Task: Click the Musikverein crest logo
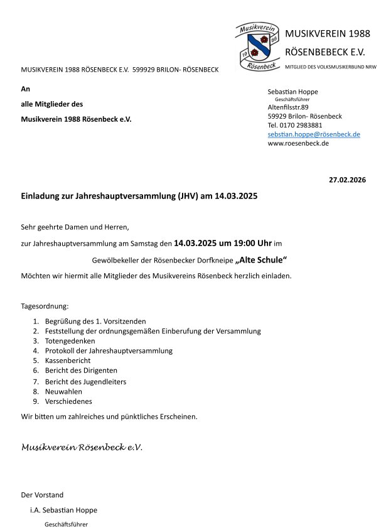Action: click(x=257, y=46)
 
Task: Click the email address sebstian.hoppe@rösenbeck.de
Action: click(x=314, y=134)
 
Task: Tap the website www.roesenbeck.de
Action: click(x=298, y=143)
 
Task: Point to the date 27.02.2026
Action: click(x=347, y=180)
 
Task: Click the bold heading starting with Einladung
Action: click(x=139, y=197)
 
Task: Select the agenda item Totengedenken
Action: click(x=70, y=341)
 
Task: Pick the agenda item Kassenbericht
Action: click(x=68, y=361)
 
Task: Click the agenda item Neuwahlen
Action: click(x=63, y=391)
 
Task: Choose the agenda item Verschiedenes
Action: click(x=68, y=401)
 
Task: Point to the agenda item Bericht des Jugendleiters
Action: click(x=85, y=381)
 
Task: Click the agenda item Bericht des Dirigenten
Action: click(x=81, y=371)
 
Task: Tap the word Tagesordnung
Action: click(x=45, y=306)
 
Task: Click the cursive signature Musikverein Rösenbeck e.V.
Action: click(x=82, y=448)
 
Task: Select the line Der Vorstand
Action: click(x=42, y=495)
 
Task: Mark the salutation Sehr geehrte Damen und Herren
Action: click(x=75, y=227)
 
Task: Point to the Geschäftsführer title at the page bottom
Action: click(x=66, y=524)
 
